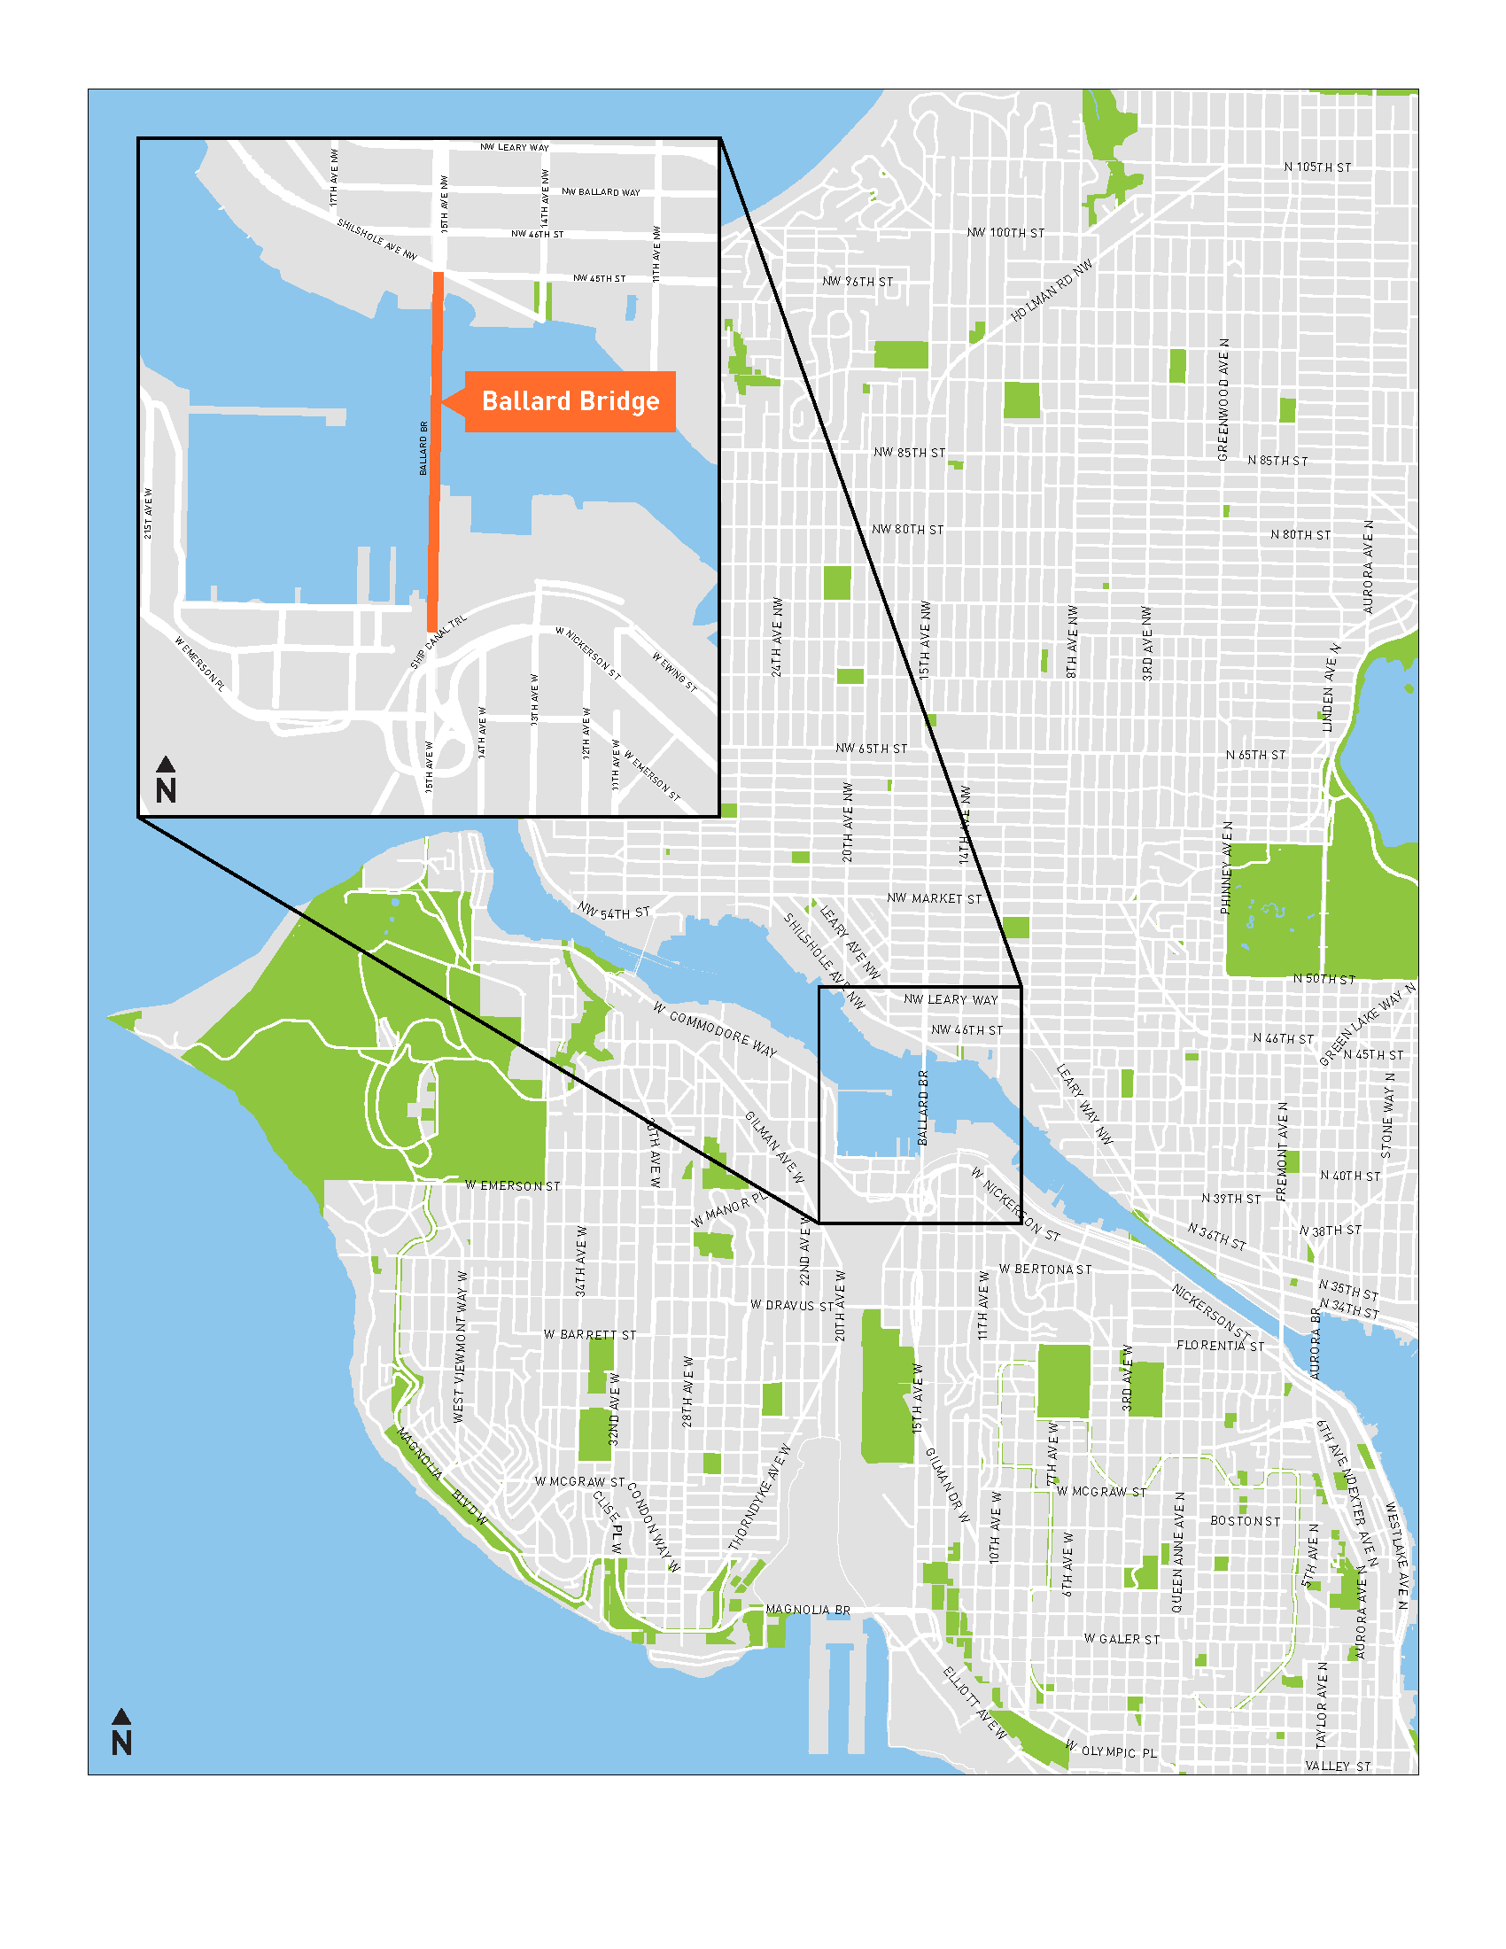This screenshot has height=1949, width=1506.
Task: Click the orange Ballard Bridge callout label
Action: coord(570,401)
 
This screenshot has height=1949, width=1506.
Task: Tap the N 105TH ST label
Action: coord(1316,167)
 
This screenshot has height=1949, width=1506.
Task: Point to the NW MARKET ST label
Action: coord(933,898)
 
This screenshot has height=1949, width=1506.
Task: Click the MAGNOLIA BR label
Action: coord(807,1610)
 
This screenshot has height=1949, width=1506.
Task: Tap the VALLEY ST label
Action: coord(1338,1766)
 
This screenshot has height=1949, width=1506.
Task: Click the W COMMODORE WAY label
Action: coord(715,1029)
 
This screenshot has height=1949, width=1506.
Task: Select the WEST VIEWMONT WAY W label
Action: coord(460,1347)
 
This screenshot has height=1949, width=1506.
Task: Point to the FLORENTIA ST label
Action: coord(1220,1346)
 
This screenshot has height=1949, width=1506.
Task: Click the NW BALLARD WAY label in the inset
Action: coord(601,192)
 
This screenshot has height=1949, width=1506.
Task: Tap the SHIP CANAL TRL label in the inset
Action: coord(438,641)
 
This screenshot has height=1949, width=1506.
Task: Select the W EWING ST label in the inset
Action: coord(673,672)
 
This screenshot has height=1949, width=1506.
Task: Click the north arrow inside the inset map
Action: coord(166,780)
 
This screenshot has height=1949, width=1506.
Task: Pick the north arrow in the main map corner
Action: coord(122,1732)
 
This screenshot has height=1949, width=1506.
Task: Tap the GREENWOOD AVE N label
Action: coord(1223,400)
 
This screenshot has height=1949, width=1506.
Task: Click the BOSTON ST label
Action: coord(1245,1520)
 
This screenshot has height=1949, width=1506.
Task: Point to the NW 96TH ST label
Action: coord(857,281)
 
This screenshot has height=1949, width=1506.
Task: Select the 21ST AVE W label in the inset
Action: coord(148,513)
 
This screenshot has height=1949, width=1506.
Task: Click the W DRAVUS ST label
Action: coord(791,1305)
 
